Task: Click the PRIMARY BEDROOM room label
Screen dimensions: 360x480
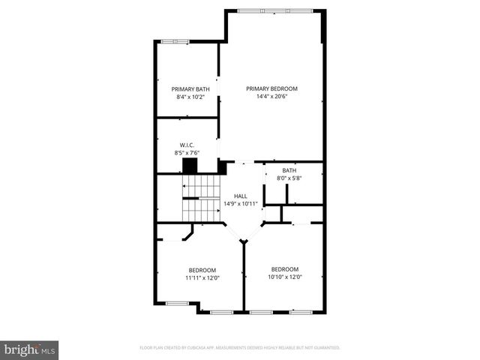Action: [271, 88]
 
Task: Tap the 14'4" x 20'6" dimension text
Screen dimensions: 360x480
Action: [271, 97]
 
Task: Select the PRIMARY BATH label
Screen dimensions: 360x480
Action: [186, 88]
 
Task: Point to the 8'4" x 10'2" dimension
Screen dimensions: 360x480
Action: [186, 97]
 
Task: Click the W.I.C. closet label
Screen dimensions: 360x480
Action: [187, 145]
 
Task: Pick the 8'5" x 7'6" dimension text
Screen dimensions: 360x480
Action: [187, 153]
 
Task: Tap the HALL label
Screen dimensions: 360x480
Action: [240, 196]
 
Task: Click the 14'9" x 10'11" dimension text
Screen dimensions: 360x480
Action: [240, 203]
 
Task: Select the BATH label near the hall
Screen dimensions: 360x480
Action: [289, 170]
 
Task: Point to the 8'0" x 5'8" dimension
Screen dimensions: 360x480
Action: [289, 178]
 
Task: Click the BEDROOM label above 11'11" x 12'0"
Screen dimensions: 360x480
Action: [202, 270]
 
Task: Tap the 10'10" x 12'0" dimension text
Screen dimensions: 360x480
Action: [285, 277]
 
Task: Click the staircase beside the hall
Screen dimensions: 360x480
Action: [201, 199]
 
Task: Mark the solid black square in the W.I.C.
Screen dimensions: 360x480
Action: [190, 166]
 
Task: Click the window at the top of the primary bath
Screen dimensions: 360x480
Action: [175, 41]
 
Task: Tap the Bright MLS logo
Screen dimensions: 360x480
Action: [30, 349]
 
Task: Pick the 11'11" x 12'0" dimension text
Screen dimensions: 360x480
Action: [202, 278]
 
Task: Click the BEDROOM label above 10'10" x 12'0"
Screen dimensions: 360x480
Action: [285, 269]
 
